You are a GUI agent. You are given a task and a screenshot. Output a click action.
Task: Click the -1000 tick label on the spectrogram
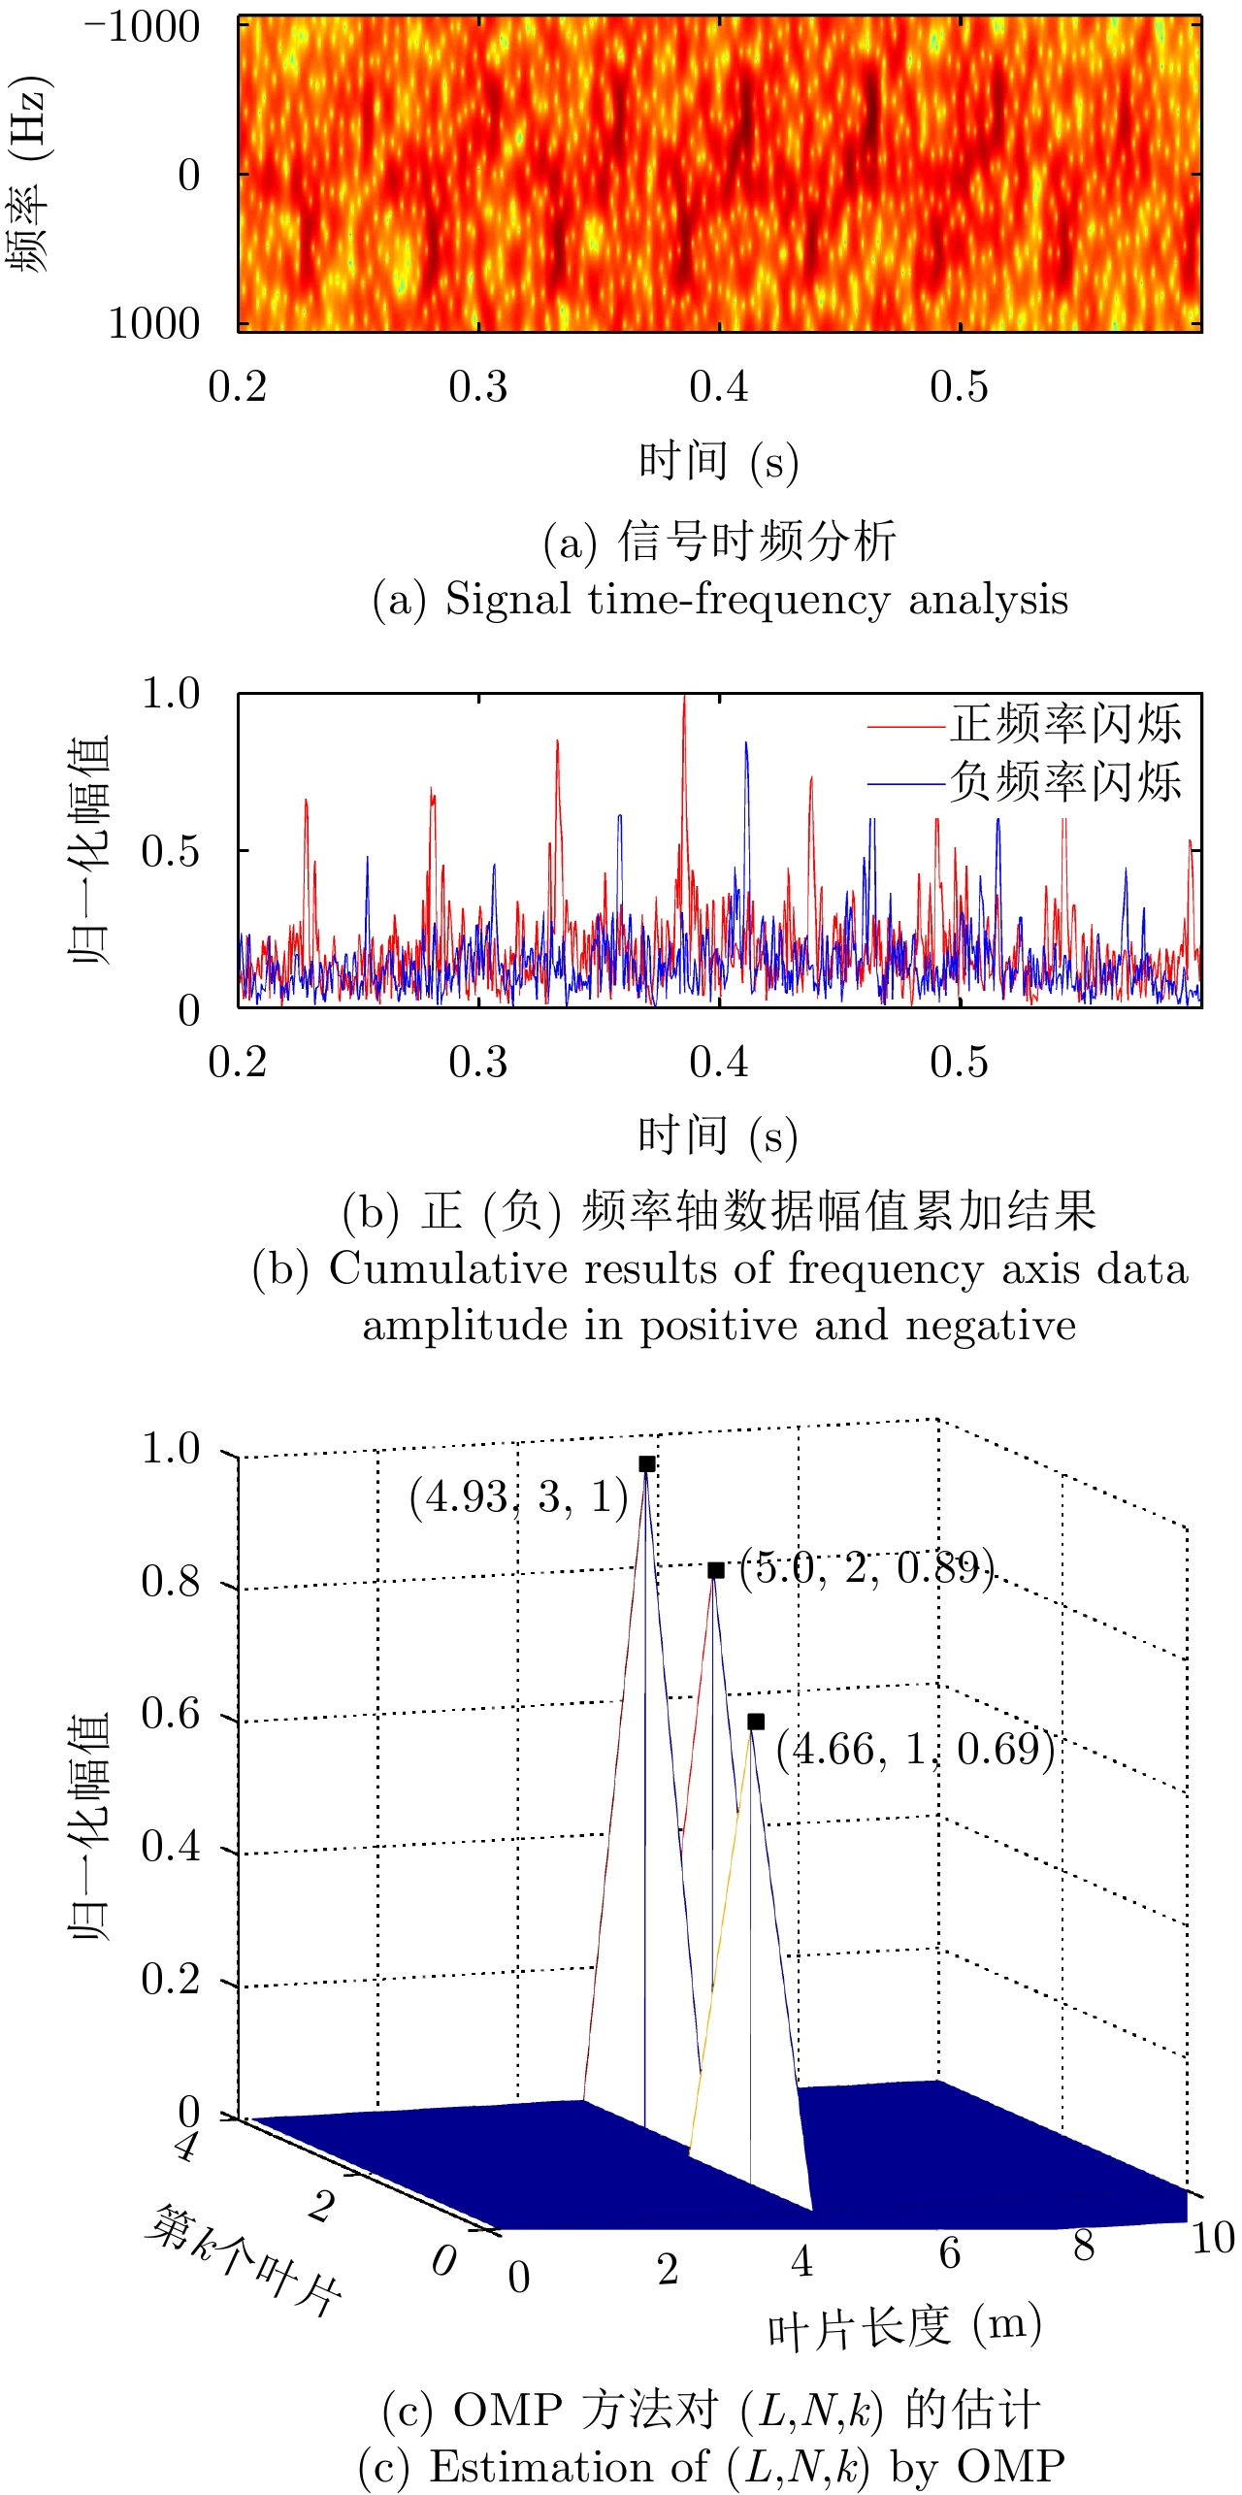pyautogui.click(x=144, y=28)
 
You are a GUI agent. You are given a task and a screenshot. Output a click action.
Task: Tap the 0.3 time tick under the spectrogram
pyautogui.click(x=477, y=387)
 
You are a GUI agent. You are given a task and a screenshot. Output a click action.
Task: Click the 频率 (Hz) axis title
pyautogui.click(x=30, y=173)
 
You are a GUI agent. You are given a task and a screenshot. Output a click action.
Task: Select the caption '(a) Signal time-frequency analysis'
pyautogui.click(x=719, y=600)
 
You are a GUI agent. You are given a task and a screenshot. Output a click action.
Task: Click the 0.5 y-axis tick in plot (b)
pyautogui.click(x=170, y=851)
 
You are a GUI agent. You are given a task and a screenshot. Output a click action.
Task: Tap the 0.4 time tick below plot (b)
pyautogui.click(x=718, y=1063)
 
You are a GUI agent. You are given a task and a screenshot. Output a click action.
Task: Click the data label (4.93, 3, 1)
pyautogui.click(x=519, y=1497)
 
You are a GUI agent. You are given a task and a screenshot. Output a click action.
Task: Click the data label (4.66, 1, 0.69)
pyautogui.click(x=915, y=1748)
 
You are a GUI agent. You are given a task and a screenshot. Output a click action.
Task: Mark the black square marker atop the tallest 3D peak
pyautogui.click(x=647, y=1464)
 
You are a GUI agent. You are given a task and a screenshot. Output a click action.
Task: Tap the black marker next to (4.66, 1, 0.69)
pyautogui.click(x=756, y=1722)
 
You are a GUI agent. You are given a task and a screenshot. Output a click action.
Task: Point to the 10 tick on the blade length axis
pyautogui.click(x=1212, y=2238)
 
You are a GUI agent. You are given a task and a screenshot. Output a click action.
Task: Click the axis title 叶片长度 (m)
pyautogui.click(x=904, y=2328)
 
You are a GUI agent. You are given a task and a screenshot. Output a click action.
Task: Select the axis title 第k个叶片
pyautogui.click(x=244, y=2257)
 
